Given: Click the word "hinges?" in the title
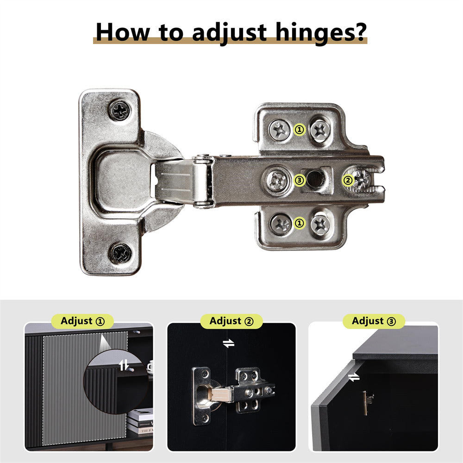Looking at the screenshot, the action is pyautogui.click(x=321, y=33).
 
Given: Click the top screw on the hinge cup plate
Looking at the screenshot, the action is pyautogui.click(x=120, y=111).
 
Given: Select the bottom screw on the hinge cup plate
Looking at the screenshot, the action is pyautogui.click(x=120, y=253).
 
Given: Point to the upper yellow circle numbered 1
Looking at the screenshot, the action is pyautogui.click(x=300, y=129).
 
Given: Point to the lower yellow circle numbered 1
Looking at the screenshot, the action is pyautogui.click(x=300, y=223).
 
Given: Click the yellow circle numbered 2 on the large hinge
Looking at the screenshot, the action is pyautogui.click(x=348, y=180).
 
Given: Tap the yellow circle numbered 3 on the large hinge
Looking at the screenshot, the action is pyautogui.click(x=300, y=180).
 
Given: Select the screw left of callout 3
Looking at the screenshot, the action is pyautogui.click(x=277, y=180).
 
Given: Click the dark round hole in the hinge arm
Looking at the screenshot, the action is pyautogui.click(x=316, y=179).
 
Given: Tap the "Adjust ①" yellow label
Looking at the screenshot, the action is pyautogui.click(x=82, y=321).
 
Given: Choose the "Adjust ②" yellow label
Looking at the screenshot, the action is pyautogui.click(x=231, y=321).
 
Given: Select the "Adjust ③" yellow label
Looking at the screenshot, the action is pyautogui.click(x=374, y=321).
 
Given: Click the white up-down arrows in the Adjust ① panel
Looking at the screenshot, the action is pyautogui.click(x=124, y=365).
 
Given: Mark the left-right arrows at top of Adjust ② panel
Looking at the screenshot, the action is pyautogui.click(x=229, y=343).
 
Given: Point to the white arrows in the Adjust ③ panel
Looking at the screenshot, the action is pyautogui.click(x=354, y=377).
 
